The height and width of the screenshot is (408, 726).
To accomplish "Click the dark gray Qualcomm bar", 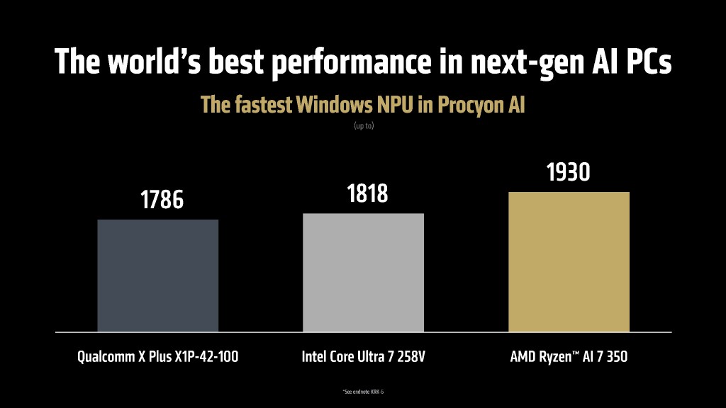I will pos(157,275).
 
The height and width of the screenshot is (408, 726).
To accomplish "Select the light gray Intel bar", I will pos(363,272).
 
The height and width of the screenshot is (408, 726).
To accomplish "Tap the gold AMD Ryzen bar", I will pos(569,261).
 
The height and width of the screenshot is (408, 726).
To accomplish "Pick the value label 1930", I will pos(568,172).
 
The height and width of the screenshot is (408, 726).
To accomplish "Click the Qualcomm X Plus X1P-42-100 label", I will pos(157,356).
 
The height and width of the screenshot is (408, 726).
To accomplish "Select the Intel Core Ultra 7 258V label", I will pos(363,356).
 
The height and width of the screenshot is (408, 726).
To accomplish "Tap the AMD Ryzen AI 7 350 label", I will pos(569,356).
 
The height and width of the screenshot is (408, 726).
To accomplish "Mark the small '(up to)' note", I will pos(363,126).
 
